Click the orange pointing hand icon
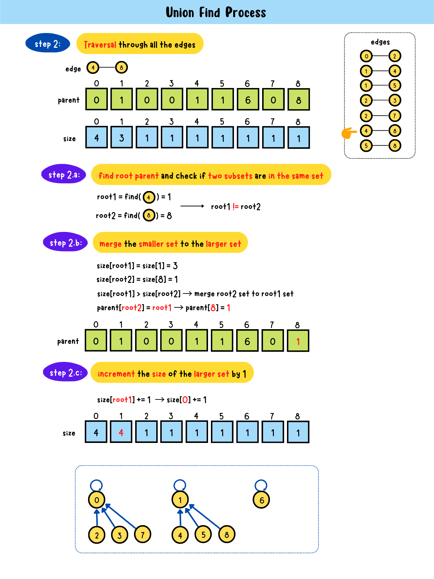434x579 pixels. coord(349,133)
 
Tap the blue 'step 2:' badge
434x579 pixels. coord(48,43)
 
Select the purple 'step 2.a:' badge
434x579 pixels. coord(64,174)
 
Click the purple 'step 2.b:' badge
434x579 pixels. coord(65,242)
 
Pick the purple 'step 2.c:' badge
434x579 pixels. coord(65,372)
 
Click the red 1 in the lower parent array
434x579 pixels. coord(298,341)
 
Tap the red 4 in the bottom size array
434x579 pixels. coord(121,433)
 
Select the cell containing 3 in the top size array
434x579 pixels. coord(122,138)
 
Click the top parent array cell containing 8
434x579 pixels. coord(299,100)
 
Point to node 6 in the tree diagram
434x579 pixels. coord(261,500)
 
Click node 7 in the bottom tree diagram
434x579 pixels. coord(143,534)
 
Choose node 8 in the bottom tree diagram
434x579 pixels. coord(227,534)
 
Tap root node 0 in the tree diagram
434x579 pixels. coord(97,500)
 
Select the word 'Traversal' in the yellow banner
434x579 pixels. coord(100,45)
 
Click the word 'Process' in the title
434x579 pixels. coord(245,12)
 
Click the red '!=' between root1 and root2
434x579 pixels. coord(236,206)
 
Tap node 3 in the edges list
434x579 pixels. coord(395,100)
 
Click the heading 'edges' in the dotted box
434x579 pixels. coord(380,42)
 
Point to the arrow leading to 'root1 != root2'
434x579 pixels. coord(192,206)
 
